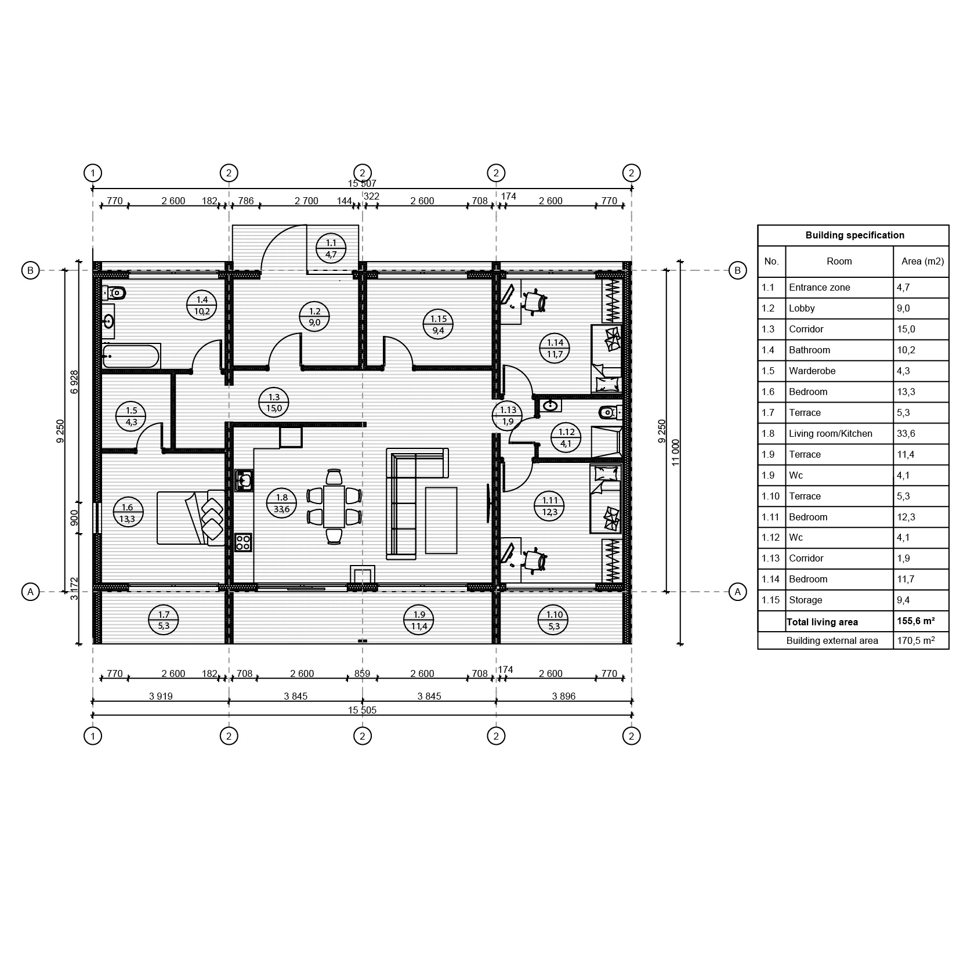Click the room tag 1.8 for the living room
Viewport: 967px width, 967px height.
(281, 503)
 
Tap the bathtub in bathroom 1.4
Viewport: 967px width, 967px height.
(131, 356)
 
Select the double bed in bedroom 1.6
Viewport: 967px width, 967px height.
(191, 517)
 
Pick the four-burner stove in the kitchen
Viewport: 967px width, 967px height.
(243, 542)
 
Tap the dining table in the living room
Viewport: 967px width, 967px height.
(334, 506)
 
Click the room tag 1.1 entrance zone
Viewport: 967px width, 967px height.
(331, 248)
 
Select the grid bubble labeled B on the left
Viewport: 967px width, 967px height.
(30, 270)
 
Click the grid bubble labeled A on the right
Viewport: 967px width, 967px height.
(737, 592)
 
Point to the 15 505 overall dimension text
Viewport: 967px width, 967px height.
(362, 710)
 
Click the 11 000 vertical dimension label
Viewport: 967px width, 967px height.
(675, 452)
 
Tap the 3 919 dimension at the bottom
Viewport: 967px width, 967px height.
(161, 696)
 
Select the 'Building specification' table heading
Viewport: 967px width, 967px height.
(854, 235)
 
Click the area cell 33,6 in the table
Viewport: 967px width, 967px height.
(906, 433)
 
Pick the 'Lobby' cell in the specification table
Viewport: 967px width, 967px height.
(802, 308)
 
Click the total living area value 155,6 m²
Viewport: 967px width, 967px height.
(915, 621)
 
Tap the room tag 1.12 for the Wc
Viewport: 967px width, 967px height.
(566, 438)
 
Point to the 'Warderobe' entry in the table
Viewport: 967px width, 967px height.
(812, 371)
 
